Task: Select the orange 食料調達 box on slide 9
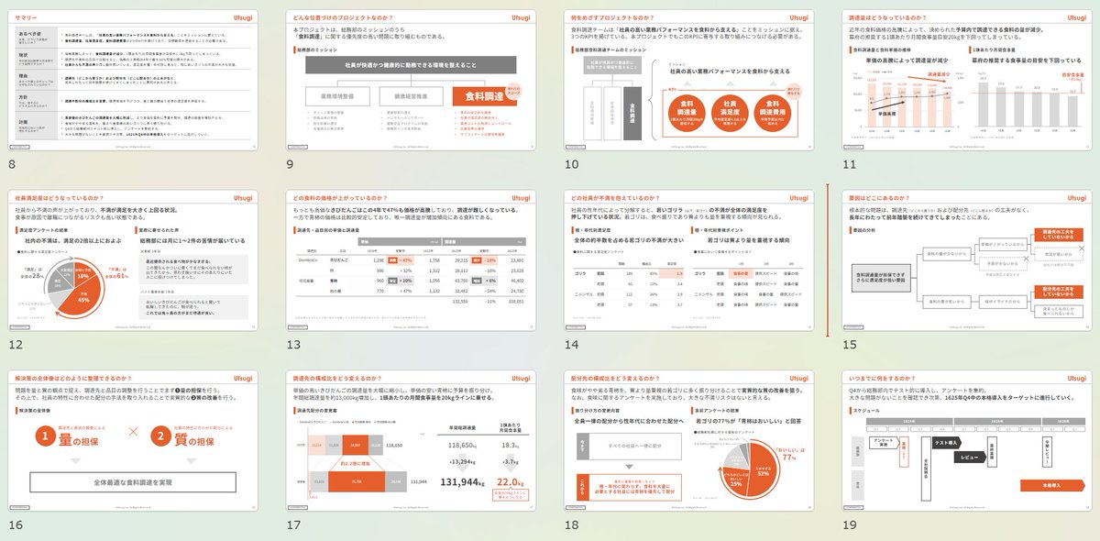tap(486, 94)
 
